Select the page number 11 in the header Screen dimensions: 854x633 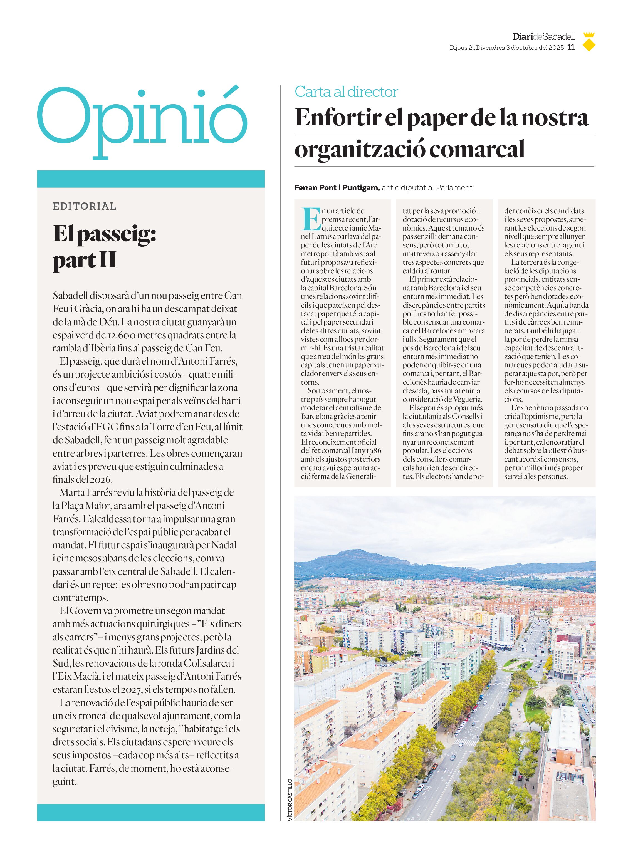coord(571,48)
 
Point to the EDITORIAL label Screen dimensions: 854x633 coord(84,206)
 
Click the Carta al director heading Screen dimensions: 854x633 coord(346,92)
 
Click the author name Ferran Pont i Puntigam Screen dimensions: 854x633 coord(337,188)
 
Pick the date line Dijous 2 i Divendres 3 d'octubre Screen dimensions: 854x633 coord(506,48)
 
